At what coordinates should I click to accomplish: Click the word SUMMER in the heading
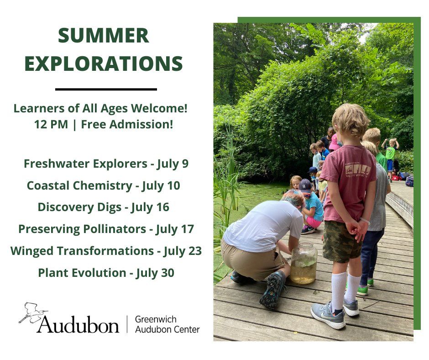(104, 36)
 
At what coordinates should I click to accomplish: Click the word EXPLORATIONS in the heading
(104, 64)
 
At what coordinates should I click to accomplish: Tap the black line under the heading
(106, 89)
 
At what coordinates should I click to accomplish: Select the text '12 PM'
(50, 124)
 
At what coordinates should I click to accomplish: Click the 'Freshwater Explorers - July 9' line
(106, 164)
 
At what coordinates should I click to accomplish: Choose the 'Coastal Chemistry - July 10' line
(104, 185)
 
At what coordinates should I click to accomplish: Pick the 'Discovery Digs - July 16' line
(104, 207)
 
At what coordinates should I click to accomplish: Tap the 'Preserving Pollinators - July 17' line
(106, 229)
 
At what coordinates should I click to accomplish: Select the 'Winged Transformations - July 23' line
(106, 251)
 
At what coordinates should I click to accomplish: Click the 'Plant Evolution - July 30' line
(106, 273)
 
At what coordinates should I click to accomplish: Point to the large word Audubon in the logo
(78, 323)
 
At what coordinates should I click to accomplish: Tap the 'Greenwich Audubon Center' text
(167, 323)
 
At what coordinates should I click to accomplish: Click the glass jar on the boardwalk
(303, 263)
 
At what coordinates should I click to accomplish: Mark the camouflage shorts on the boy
(344, 241)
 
